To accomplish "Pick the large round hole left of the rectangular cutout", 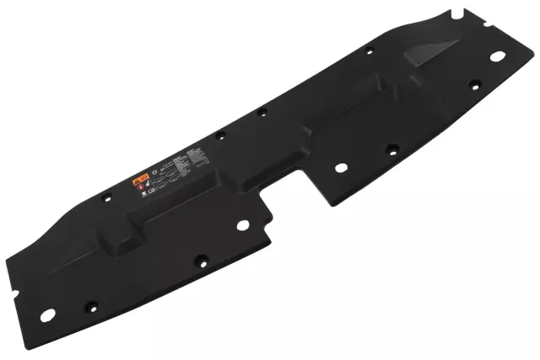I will [243, 225].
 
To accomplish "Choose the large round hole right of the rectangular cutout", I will [340, 167].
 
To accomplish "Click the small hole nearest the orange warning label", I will [105, 198].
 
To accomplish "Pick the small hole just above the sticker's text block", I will [222, 134].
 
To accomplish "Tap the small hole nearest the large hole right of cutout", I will [391, 149].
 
